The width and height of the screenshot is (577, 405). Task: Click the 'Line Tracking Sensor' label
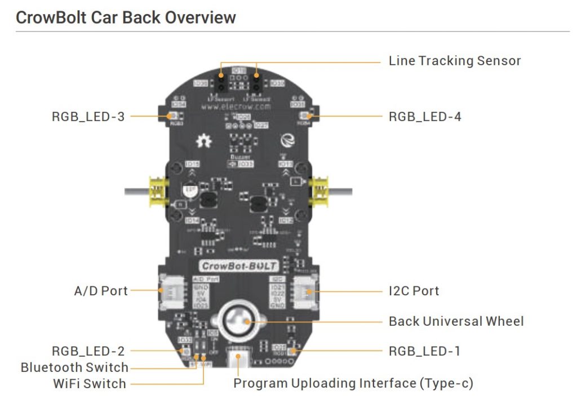pyautogui.click(x=455, y=61)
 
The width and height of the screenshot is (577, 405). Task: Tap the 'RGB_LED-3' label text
pyautogui.click(x=88, y=117)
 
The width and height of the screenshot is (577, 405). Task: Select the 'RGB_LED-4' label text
pyautogui.click(x=425, y=117)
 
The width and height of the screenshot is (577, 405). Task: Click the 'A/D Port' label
pyautogui.click(x=101, y=291)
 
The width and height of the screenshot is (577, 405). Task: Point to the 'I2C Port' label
pyautogui.click(x=414, y=291)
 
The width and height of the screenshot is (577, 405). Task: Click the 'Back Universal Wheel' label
pyautogui.click(x=456, y=321)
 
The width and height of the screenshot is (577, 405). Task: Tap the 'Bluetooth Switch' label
pyautogui.click(x=74, y=367)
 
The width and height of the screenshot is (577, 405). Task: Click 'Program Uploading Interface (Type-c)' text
pyautogui.click(x=353, y=384)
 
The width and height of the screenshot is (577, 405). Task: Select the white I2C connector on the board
pyautogui.click(x=309, y=291)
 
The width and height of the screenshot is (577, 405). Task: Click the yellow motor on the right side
pyautogui.click(x=321, y=191)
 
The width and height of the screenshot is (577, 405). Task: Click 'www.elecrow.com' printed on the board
pyautogui.click(x=238, y=105)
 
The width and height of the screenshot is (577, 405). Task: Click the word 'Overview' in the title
pyautogui.click(x=199, y=17)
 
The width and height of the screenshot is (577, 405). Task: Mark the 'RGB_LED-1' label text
pyautogui.click(x=424, y=352)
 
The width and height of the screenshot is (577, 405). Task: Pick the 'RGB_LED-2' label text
pyautogui.click(x=88, y=352)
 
